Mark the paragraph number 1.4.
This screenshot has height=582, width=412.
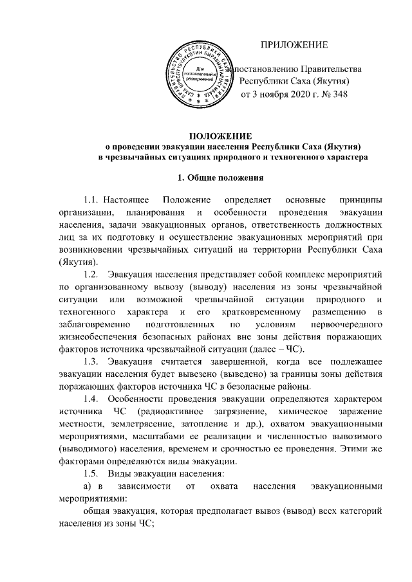[x=86, y=399]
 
